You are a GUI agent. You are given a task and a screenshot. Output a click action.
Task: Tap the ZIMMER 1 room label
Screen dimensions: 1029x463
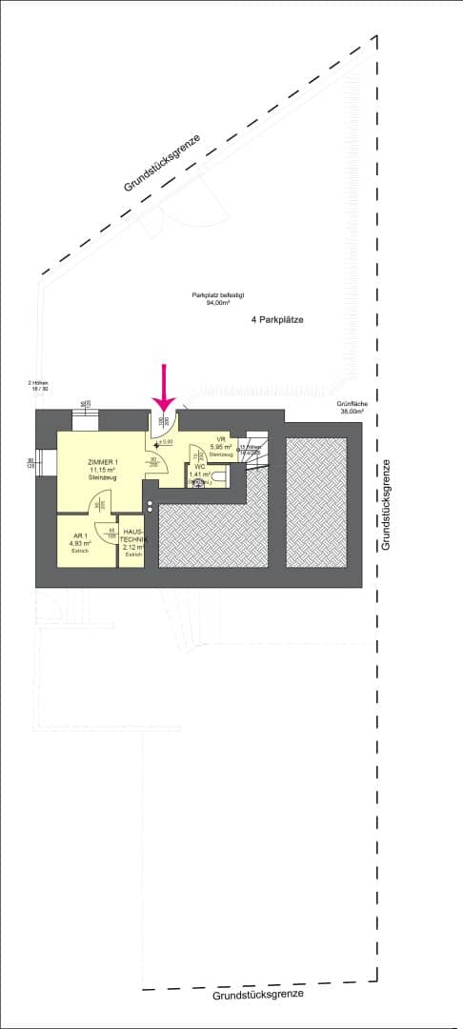pyautogui.click(x=102, y=462)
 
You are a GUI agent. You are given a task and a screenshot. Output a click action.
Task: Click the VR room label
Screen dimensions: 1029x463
pyautogui.click(x=220, y=439)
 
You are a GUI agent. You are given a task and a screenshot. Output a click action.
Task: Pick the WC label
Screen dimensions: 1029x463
pyautogui.click(x=200, y=466)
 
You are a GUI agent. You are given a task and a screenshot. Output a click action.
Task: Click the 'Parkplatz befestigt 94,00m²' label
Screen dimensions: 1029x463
pyautogui.click(x=211, y=298)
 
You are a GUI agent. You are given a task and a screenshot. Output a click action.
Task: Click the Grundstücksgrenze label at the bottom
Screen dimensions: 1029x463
pyautogui.click(x=258, y=994)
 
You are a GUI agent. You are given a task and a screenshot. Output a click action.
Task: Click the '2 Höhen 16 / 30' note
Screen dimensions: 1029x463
pyautogui.click(x=39, y=386)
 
